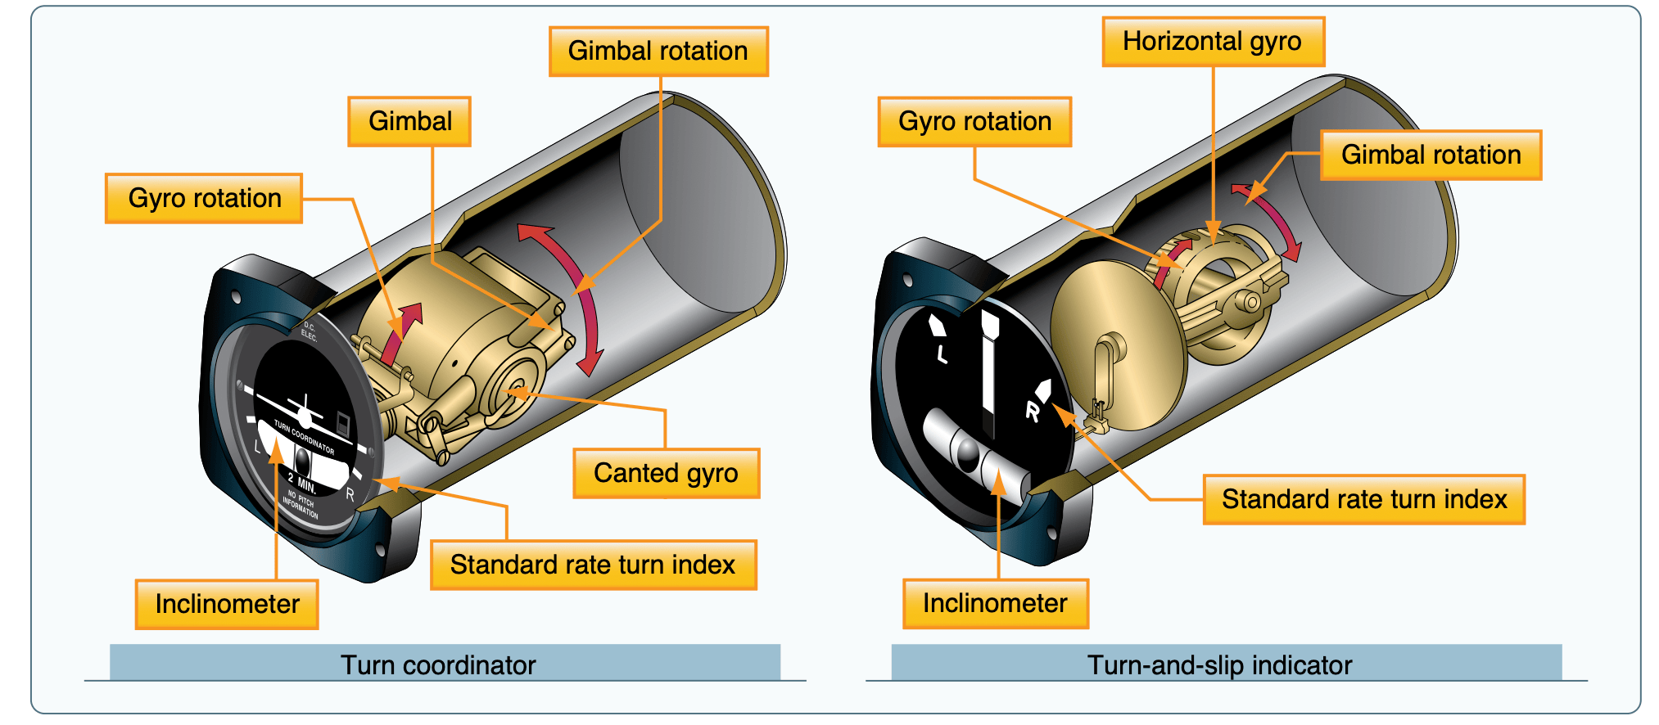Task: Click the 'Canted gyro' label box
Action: pos(666,473)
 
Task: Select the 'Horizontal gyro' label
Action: pos(1212,41)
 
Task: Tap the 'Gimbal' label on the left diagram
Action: pos(409,121)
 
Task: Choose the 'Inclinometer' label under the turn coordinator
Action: pos(227,604)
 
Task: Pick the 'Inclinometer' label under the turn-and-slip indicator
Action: pos(995,603)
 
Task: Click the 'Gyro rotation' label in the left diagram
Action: pos(204,198)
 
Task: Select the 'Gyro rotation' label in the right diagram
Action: pos(974,121)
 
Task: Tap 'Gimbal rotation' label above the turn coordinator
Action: pos(658,51)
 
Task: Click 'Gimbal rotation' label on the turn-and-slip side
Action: pos(1430,155)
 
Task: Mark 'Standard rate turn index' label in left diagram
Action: pos(593,565)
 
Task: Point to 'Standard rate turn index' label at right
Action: pos(1363,499)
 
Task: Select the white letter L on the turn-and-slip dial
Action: pos(942,353)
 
